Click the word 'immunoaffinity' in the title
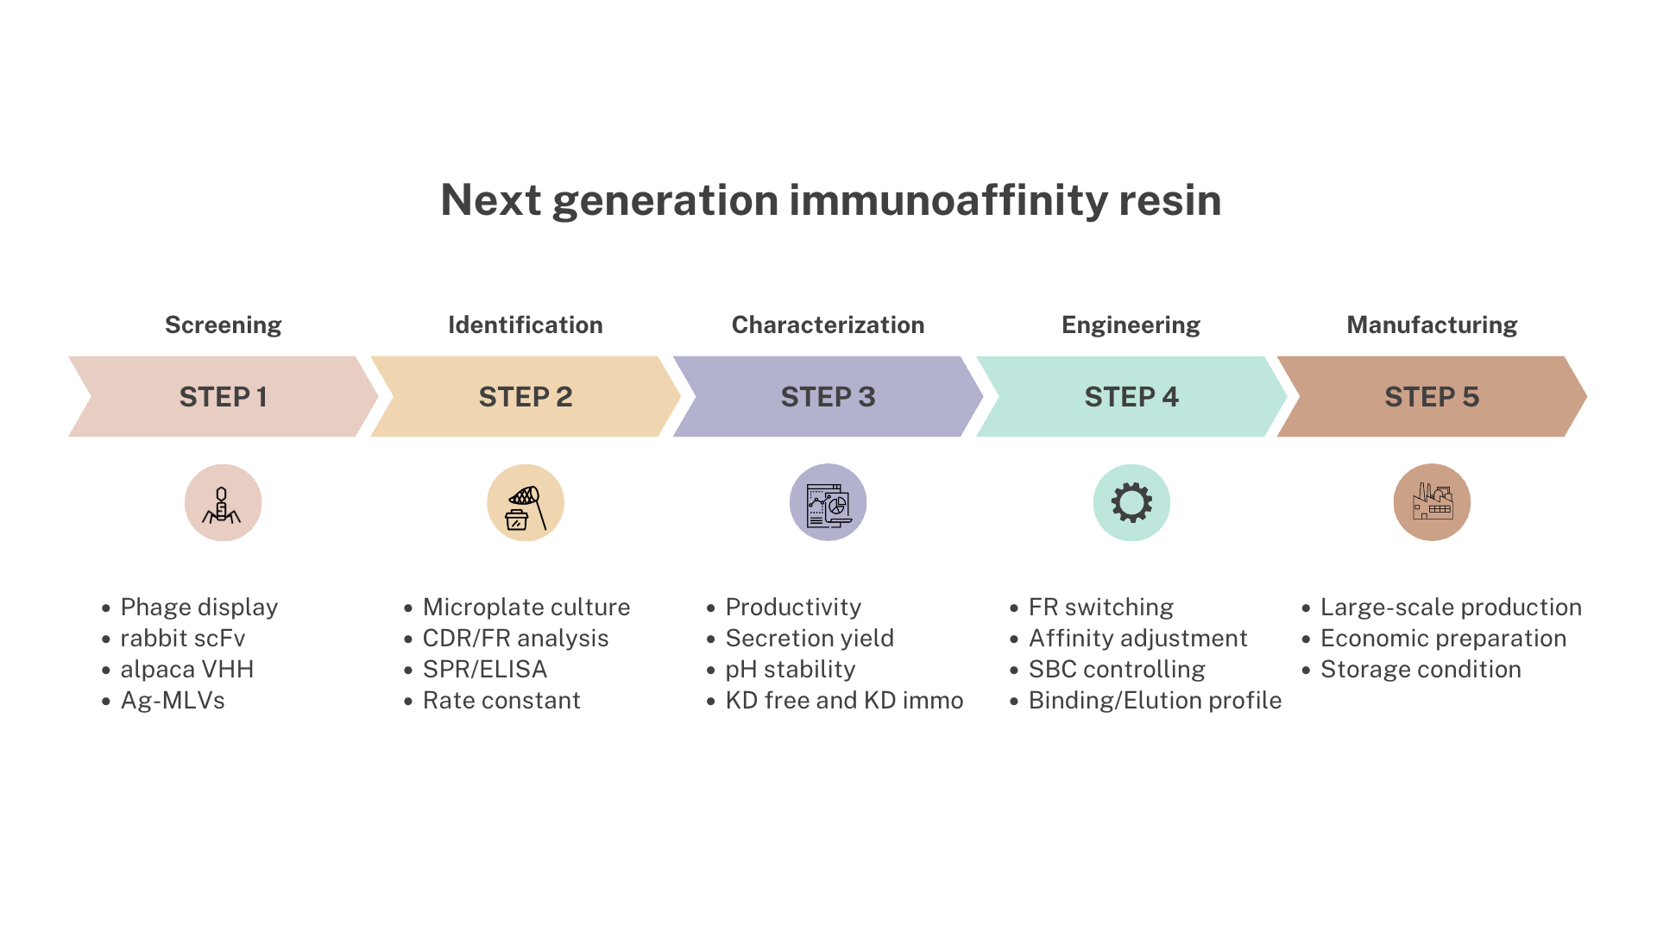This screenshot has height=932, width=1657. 948,200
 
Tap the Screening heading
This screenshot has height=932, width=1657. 224,325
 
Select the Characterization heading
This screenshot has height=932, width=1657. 828,324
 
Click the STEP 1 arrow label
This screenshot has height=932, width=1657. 224,397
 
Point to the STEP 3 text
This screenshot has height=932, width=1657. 828,397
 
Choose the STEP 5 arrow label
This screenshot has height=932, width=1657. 1433,397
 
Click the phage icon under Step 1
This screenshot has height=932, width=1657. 223,504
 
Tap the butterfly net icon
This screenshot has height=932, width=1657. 526,507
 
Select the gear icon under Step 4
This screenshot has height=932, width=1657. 1131,502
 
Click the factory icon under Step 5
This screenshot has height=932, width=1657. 1433,501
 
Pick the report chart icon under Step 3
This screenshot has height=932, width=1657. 828,506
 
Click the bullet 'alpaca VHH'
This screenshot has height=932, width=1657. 187,670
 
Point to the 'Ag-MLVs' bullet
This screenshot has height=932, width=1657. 173,701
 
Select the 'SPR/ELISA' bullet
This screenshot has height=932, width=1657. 485,670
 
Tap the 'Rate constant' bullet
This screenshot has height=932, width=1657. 501,701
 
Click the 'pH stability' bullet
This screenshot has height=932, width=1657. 791,670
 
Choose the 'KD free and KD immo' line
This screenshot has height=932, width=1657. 844,701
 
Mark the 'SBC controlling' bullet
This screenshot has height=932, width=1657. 1117,670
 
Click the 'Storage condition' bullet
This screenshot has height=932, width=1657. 1421,670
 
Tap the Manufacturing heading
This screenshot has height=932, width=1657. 1432,325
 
